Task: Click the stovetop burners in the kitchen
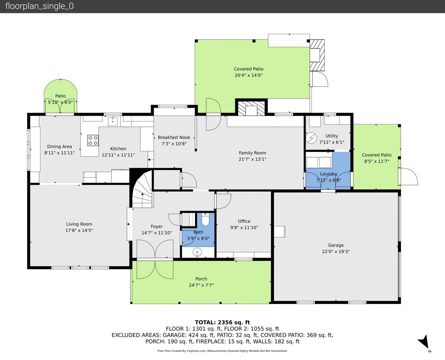tap(93, 140)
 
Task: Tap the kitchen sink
tap(113, 121)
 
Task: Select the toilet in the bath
tap(205, 219)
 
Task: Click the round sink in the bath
tap(197, 252)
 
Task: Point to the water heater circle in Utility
tap(311, 138)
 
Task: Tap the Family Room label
tap(252, 153)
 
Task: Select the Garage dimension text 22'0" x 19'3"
tap(336, 252)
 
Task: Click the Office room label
tap(244, 221)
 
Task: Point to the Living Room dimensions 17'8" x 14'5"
tap(79, 230)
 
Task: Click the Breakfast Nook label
tap(174, 137)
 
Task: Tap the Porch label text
tap(201, 279)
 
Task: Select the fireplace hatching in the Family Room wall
tap(251, 108)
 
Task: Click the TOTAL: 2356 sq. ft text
tap(222, 322)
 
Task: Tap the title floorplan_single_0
tap(39, 6)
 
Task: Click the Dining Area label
tap(60, 147)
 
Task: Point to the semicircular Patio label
tap(60, 96)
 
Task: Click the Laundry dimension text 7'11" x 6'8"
tap(329, 180)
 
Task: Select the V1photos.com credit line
tap(222, 351)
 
